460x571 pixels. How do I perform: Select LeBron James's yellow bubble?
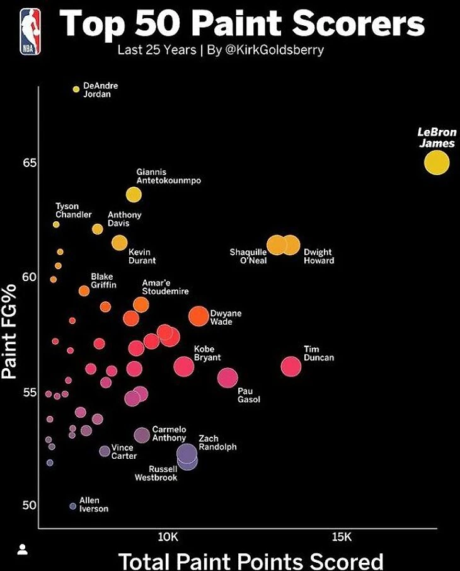click(436, 163)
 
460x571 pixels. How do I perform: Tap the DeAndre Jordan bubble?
click(76, 89)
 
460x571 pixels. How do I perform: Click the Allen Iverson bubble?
click(72, 506)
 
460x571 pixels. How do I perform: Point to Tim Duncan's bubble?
click(291, 366)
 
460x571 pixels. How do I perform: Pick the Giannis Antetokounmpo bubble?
click(134, 194)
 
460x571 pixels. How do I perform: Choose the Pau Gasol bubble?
click(227, 378)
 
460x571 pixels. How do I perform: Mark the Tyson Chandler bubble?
click(56, 224)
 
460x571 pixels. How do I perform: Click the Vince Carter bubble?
click(105, 451)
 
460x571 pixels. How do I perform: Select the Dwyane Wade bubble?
click(198, 316)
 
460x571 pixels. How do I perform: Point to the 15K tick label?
click(341, 536)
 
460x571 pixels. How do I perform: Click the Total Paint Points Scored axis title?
click(251, 560)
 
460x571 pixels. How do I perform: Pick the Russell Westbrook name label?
click(156, 473)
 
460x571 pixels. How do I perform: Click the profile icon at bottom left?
click(22, 549)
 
